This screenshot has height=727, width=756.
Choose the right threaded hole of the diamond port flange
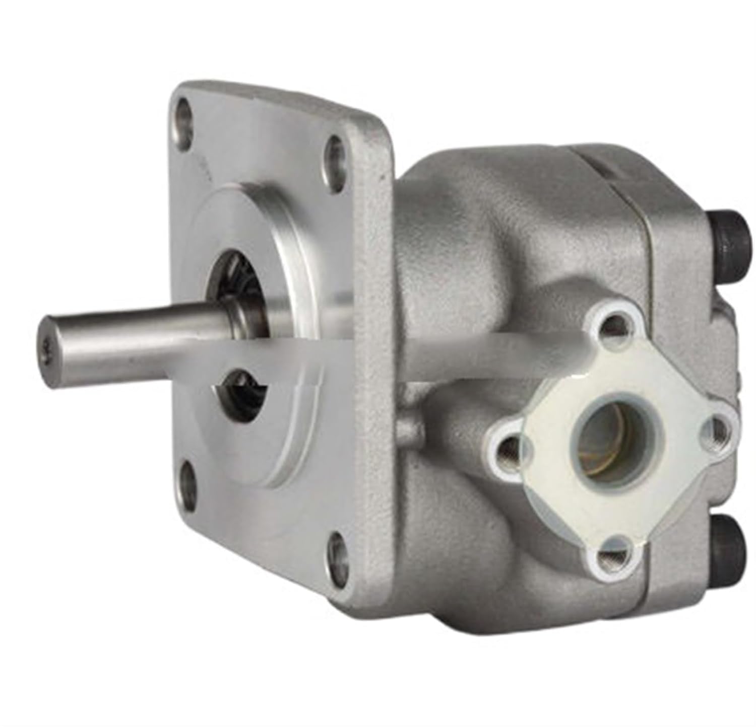(x=715, y=425)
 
